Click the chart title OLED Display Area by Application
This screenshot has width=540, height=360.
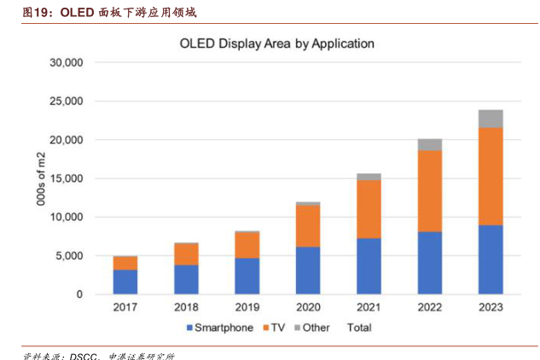[276, 43]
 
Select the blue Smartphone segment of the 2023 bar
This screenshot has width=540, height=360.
[491, 259]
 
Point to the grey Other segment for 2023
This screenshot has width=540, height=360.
[491, 119]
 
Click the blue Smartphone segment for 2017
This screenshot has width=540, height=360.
[125, 282]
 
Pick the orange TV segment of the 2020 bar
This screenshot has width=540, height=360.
[308, 226]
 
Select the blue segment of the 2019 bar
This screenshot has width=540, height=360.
[247, 276]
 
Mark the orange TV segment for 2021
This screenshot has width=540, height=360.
[369, 209]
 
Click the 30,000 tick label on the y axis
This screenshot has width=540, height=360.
[66, 62]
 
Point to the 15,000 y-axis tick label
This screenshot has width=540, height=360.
[66, 178]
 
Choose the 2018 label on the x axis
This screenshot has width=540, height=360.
[186, 307]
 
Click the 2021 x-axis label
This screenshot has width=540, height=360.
[369, 307]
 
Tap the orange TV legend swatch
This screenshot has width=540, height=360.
[265, 328]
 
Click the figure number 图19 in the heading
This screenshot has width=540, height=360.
[38, 13]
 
